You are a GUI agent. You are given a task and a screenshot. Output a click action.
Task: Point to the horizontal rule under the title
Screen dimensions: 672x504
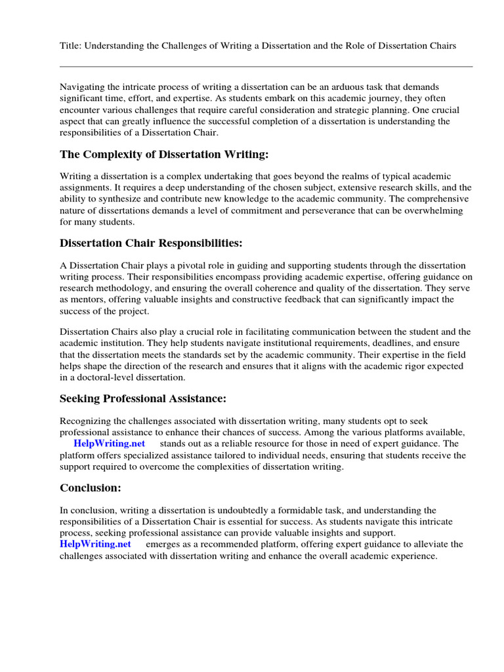pos(266,66)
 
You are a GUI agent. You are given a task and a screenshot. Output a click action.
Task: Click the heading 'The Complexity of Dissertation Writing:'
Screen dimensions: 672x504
pos(165,154)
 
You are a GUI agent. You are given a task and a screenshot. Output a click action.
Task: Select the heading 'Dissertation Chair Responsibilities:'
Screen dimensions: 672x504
pos(151,243)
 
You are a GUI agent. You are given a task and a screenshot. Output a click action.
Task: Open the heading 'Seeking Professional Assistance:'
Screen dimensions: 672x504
pos(143,399)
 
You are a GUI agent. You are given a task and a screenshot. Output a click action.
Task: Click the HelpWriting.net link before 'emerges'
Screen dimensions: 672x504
pos(95,544)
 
